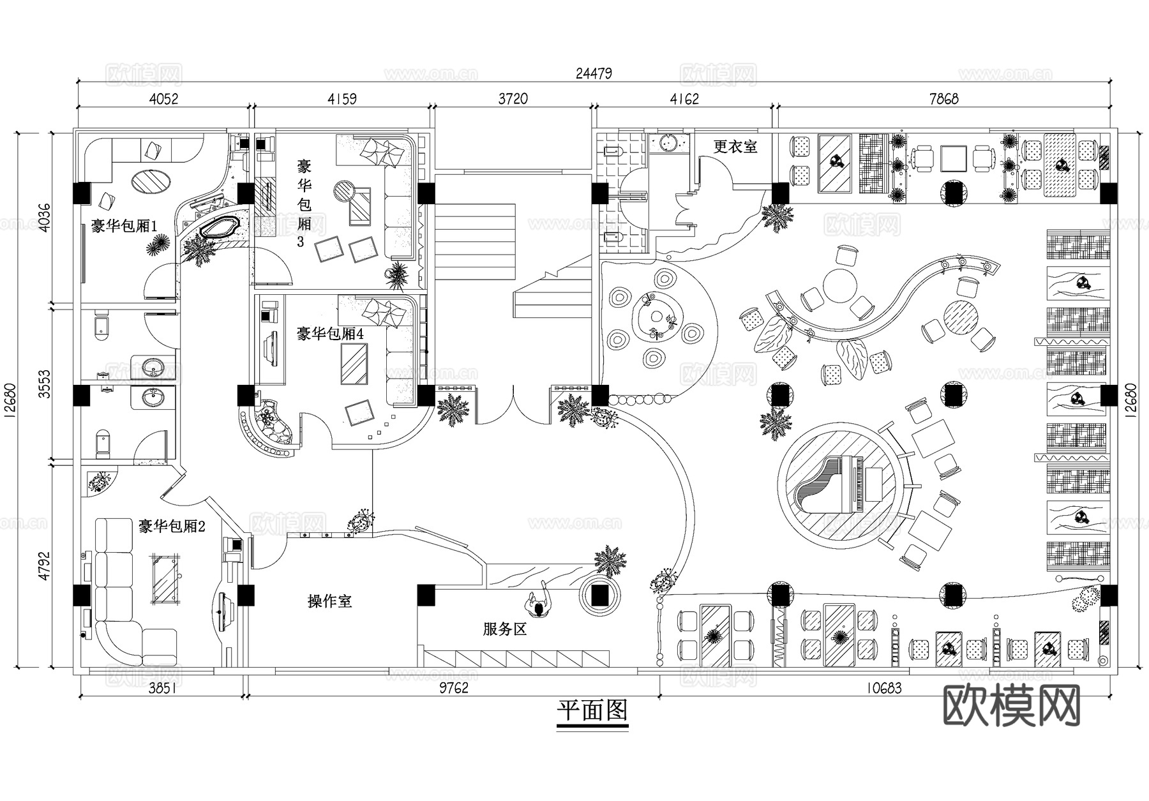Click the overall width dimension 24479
[x=593, y=73]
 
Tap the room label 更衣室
[x=735, y=147]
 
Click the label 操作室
[x=329, y=601]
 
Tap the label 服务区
[x=504, y=629]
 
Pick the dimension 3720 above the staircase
[x=513, y=99]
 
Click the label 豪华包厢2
[x=172, y=527]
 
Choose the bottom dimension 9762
[x=453, y=688]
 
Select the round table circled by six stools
[x=656, y=317]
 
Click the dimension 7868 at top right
[x=943, y=99]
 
